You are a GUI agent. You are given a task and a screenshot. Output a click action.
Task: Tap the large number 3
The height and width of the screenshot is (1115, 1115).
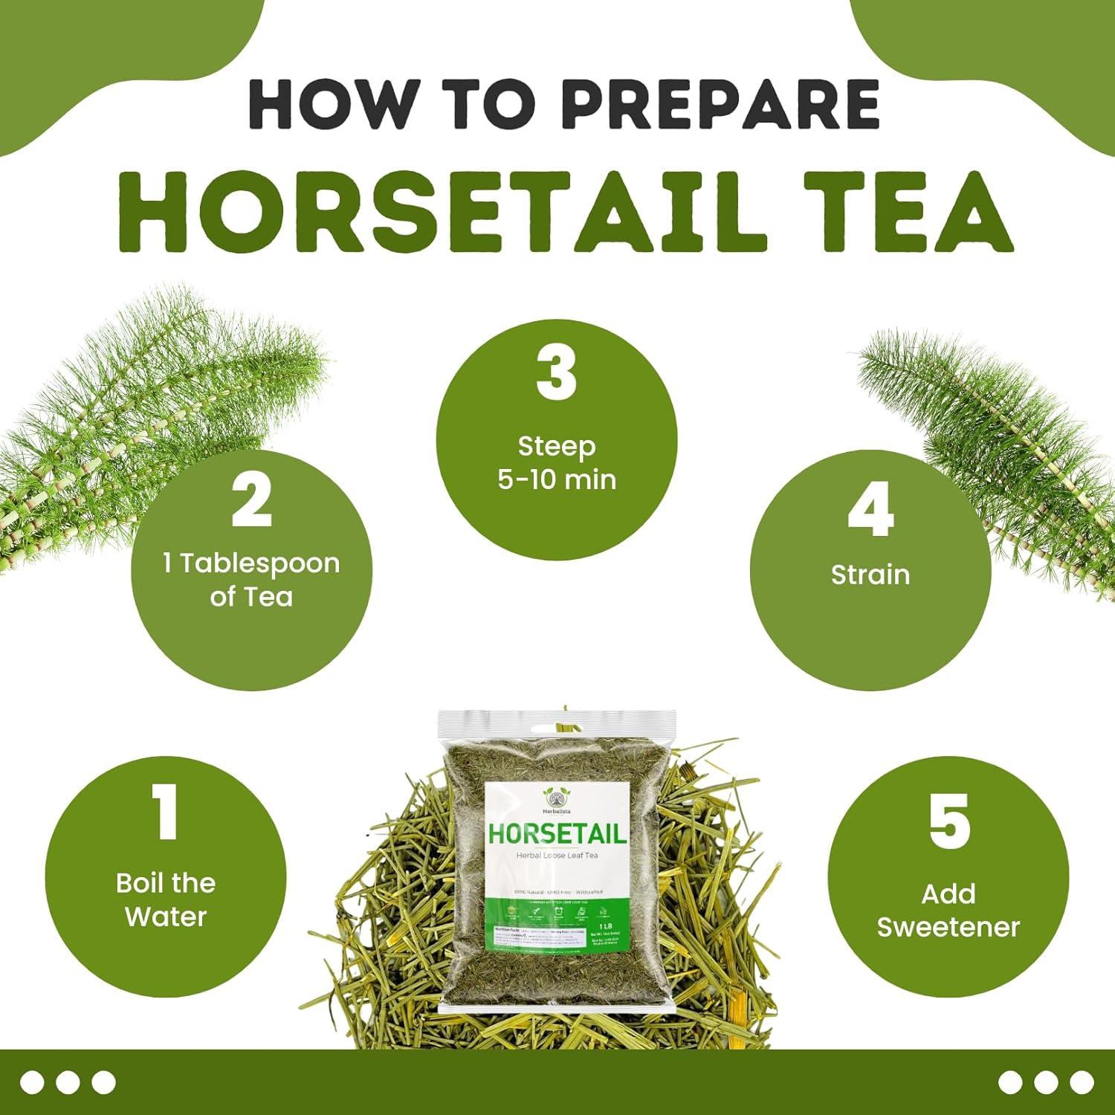pyautogui.click(x=556, y=372)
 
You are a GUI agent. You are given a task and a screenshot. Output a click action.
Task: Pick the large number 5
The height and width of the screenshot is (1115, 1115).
pyautogui.click(x=948, y=821)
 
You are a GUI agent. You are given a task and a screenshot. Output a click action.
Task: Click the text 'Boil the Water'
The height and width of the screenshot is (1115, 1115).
pyautogui.click(x=166, y=899)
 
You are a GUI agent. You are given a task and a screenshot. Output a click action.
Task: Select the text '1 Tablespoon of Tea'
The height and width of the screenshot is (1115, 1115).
pyautogui.click(x=251, y=580)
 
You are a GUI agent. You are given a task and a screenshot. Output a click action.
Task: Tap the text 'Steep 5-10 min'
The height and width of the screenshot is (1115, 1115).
pyautogui.click(x=557, y=462)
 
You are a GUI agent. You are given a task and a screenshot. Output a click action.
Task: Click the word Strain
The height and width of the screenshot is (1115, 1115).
pyautogui.click(x=870, y=575)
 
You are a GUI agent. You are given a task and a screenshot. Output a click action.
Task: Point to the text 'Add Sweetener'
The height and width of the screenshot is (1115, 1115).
pyautogui.click(x=948, y=910)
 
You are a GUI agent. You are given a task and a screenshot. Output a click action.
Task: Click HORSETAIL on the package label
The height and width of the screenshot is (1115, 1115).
pyautogui.click(x=557, y=834)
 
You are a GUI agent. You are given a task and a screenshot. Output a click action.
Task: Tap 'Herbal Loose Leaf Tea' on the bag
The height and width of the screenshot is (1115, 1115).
pyautogui.click(x=557, y=856)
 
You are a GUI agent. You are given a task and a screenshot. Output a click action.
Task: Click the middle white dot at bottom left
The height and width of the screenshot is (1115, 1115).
pyautogui.click(x=68, y=1082)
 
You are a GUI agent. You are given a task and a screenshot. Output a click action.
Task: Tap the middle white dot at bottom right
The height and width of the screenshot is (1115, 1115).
pyautogui.click(x=1046, y=1082)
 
